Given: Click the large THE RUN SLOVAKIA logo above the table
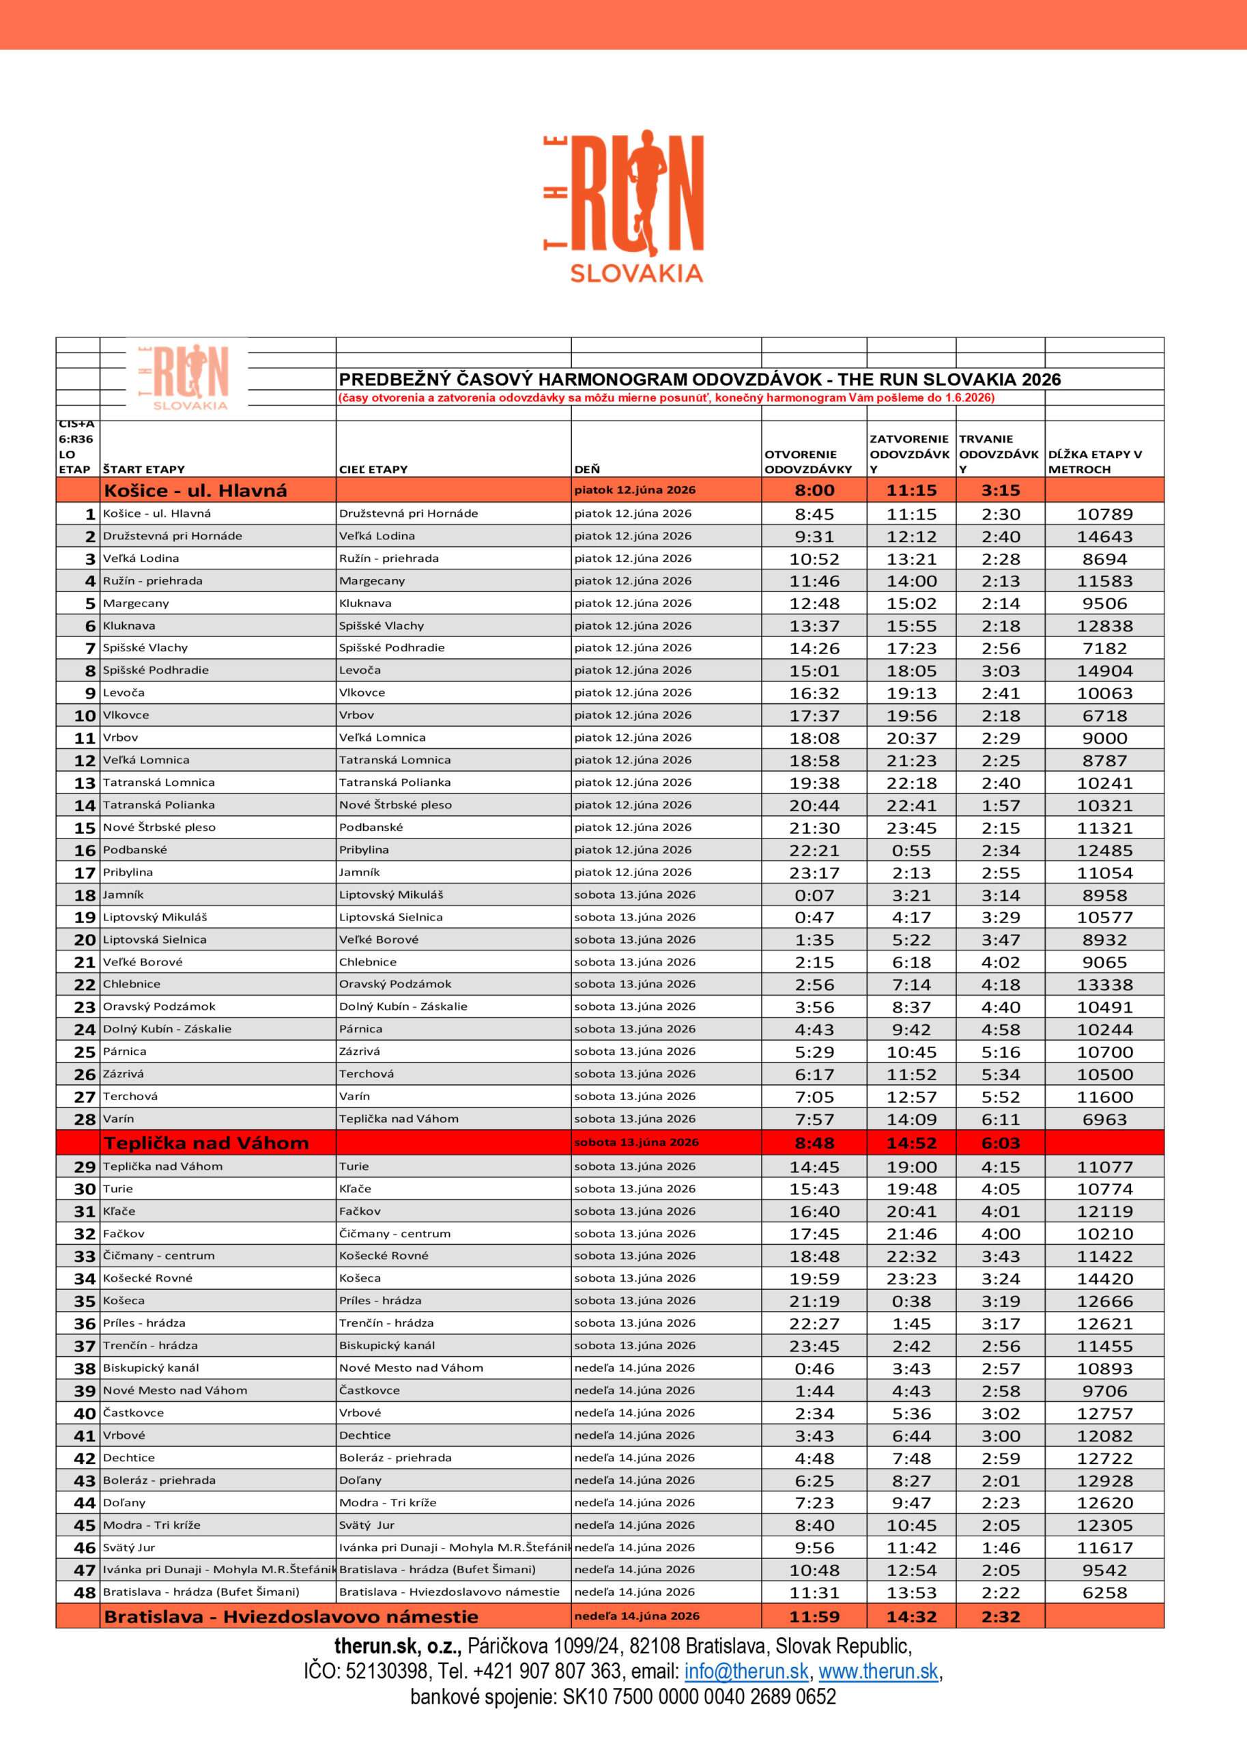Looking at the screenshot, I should coord(624,206).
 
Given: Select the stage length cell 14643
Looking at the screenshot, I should coord(1104,536).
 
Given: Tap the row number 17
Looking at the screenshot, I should coord(85,873).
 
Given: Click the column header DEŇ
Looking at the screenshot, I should coord(588,469).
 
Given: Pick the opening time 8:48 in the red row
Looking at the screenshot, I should coord(814,1143).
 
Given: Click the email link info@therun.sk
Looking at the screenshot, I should coord(747,1672).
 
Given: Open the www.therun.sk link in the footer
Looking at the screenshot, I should coord(878,1672).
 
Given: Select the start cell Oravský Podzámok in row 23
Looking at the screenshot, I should coord(159,1006).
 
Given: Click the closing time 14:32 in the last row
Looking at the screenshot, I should coord(911,1617).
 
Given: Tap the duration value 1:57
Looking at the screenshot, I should coord(1001,806).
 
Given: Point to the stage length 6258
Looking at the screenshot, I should coord(1104,1593).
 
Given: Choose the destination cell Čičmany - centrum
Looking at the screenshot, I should coord(395,1233).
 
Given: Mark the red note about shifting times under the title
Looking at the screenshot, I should coord(665,398).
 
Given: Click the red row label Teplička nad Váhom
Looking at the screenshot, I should coord(206,1143).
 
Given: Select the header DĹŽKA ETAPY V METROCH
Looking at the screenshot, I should coord(1095,462).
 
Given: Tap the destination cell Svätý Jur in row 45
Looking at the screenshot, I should coord(367,1525).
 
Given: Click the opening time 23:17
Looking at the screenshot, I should coord(814,873).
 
